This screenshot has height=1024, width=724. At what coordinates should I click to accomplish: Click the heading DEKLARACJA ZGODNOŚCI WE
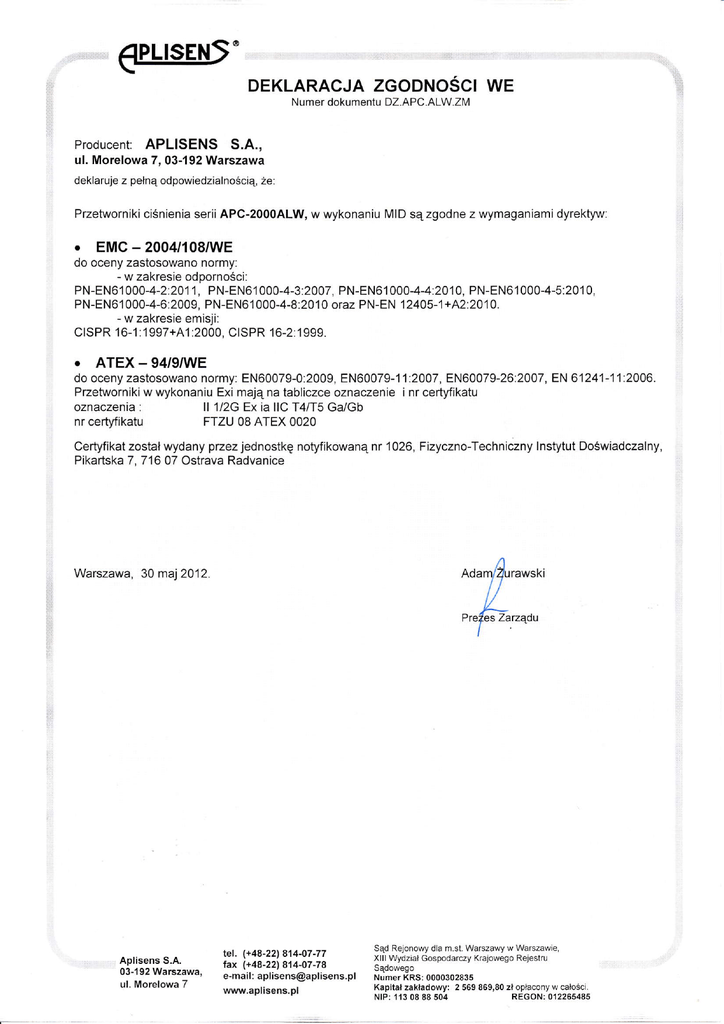[x=380, y=86]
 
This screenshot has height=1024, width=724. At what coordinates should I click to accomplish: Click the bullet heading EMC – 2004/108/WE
[x=164, y=246]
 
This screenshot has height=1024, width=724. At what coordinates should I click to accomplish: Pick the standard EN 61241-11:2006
[x=603, y=378]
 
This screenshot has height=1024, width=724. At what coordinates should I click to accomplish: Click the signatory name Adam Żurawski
[x=502, y=573]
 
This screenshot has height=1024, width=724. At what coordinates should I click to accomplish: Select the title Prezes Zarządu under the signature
[x=500, y=617]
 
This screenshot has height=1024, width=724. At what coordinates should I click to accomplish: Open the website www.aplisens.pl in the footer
[x=261, y=990]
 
